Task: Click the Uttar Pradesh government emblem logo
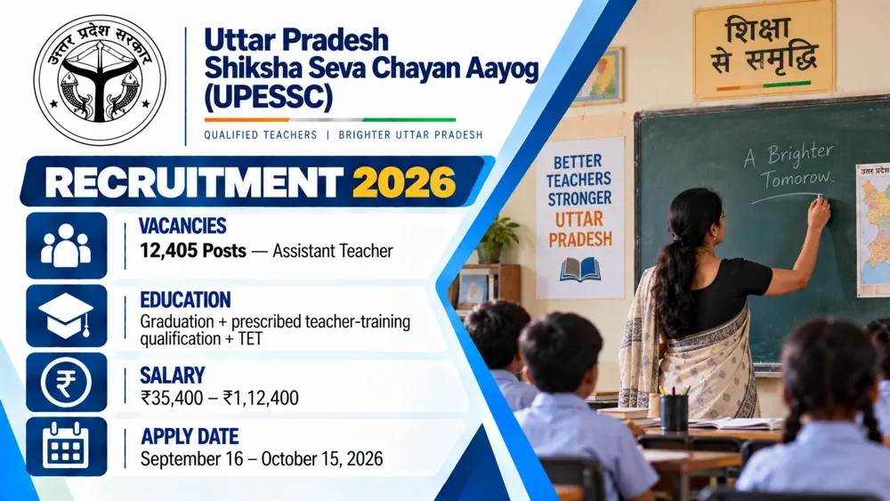point(100,80)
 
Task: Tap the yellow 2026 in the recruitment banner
point(403,182)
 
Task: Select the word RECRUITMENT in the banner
point(193,182)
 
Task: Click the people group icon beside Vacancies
point(67,246)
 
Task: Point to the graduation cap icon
point(67,316)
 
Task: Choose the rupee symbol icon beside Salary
point(67,382)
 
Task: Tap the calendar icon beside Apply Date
point(67,447)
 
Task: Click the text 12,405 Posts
point(193,251)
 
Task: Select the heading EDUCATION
point(186,300)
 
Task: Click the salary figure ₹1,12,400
point(261,398)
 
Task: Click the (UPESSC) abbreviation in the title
point(268,97)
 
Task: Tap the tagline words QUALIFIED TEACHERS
point(261,135)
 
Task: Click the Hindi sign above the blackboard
point(764,50)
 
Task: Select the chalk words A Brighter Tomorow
point(790,166)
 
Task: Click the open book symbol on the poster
point(579,270)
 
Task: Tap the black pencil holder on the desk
point(675,413)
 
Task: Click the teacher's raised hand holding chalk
point(819,211)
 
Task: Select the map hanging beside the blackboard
point(873,230)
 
